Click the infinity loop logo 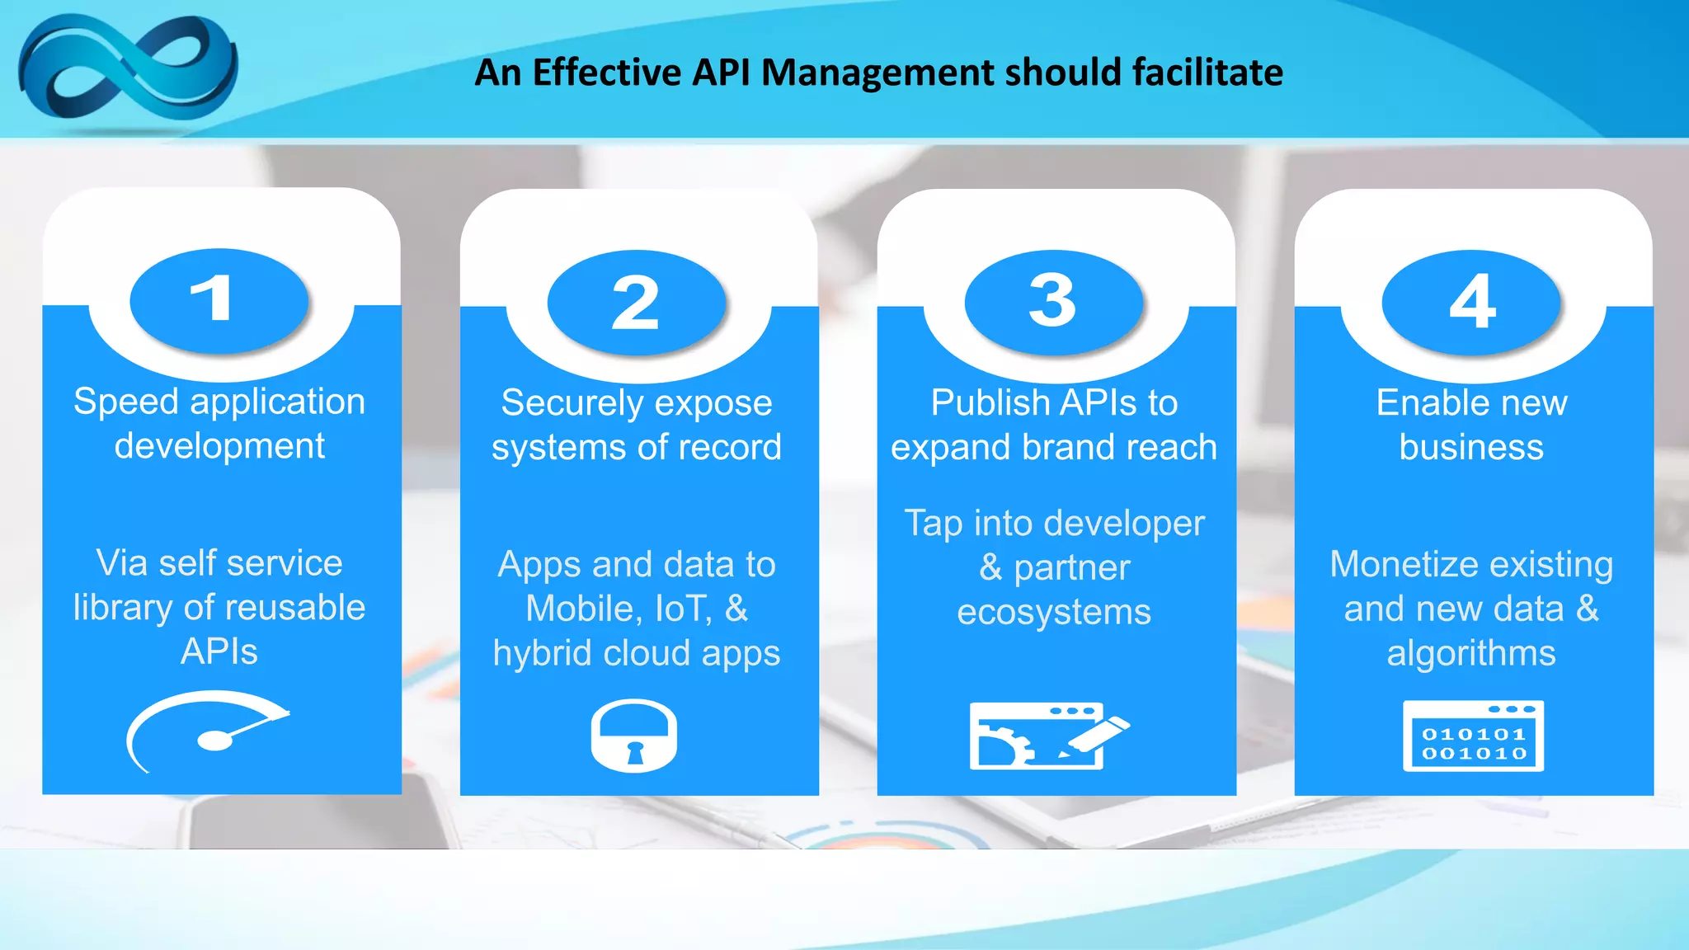(x=128, y=70)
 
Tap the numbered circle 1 (x=219, y=300)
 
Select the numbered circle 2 (x=636, y=302)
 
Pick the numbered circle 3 (x=1053, y=302)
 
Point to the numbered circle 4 (x=1471, y=302)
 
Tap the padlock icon (x=634, y=736)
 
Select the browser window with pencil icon (x=1047, y=736)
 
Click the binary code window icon (x=1473, y=736)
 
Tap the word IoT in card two (x=683, y=609)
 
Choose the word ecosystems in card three (x=1053, y=613)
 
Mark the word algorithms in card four (x=1471, y=654)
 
